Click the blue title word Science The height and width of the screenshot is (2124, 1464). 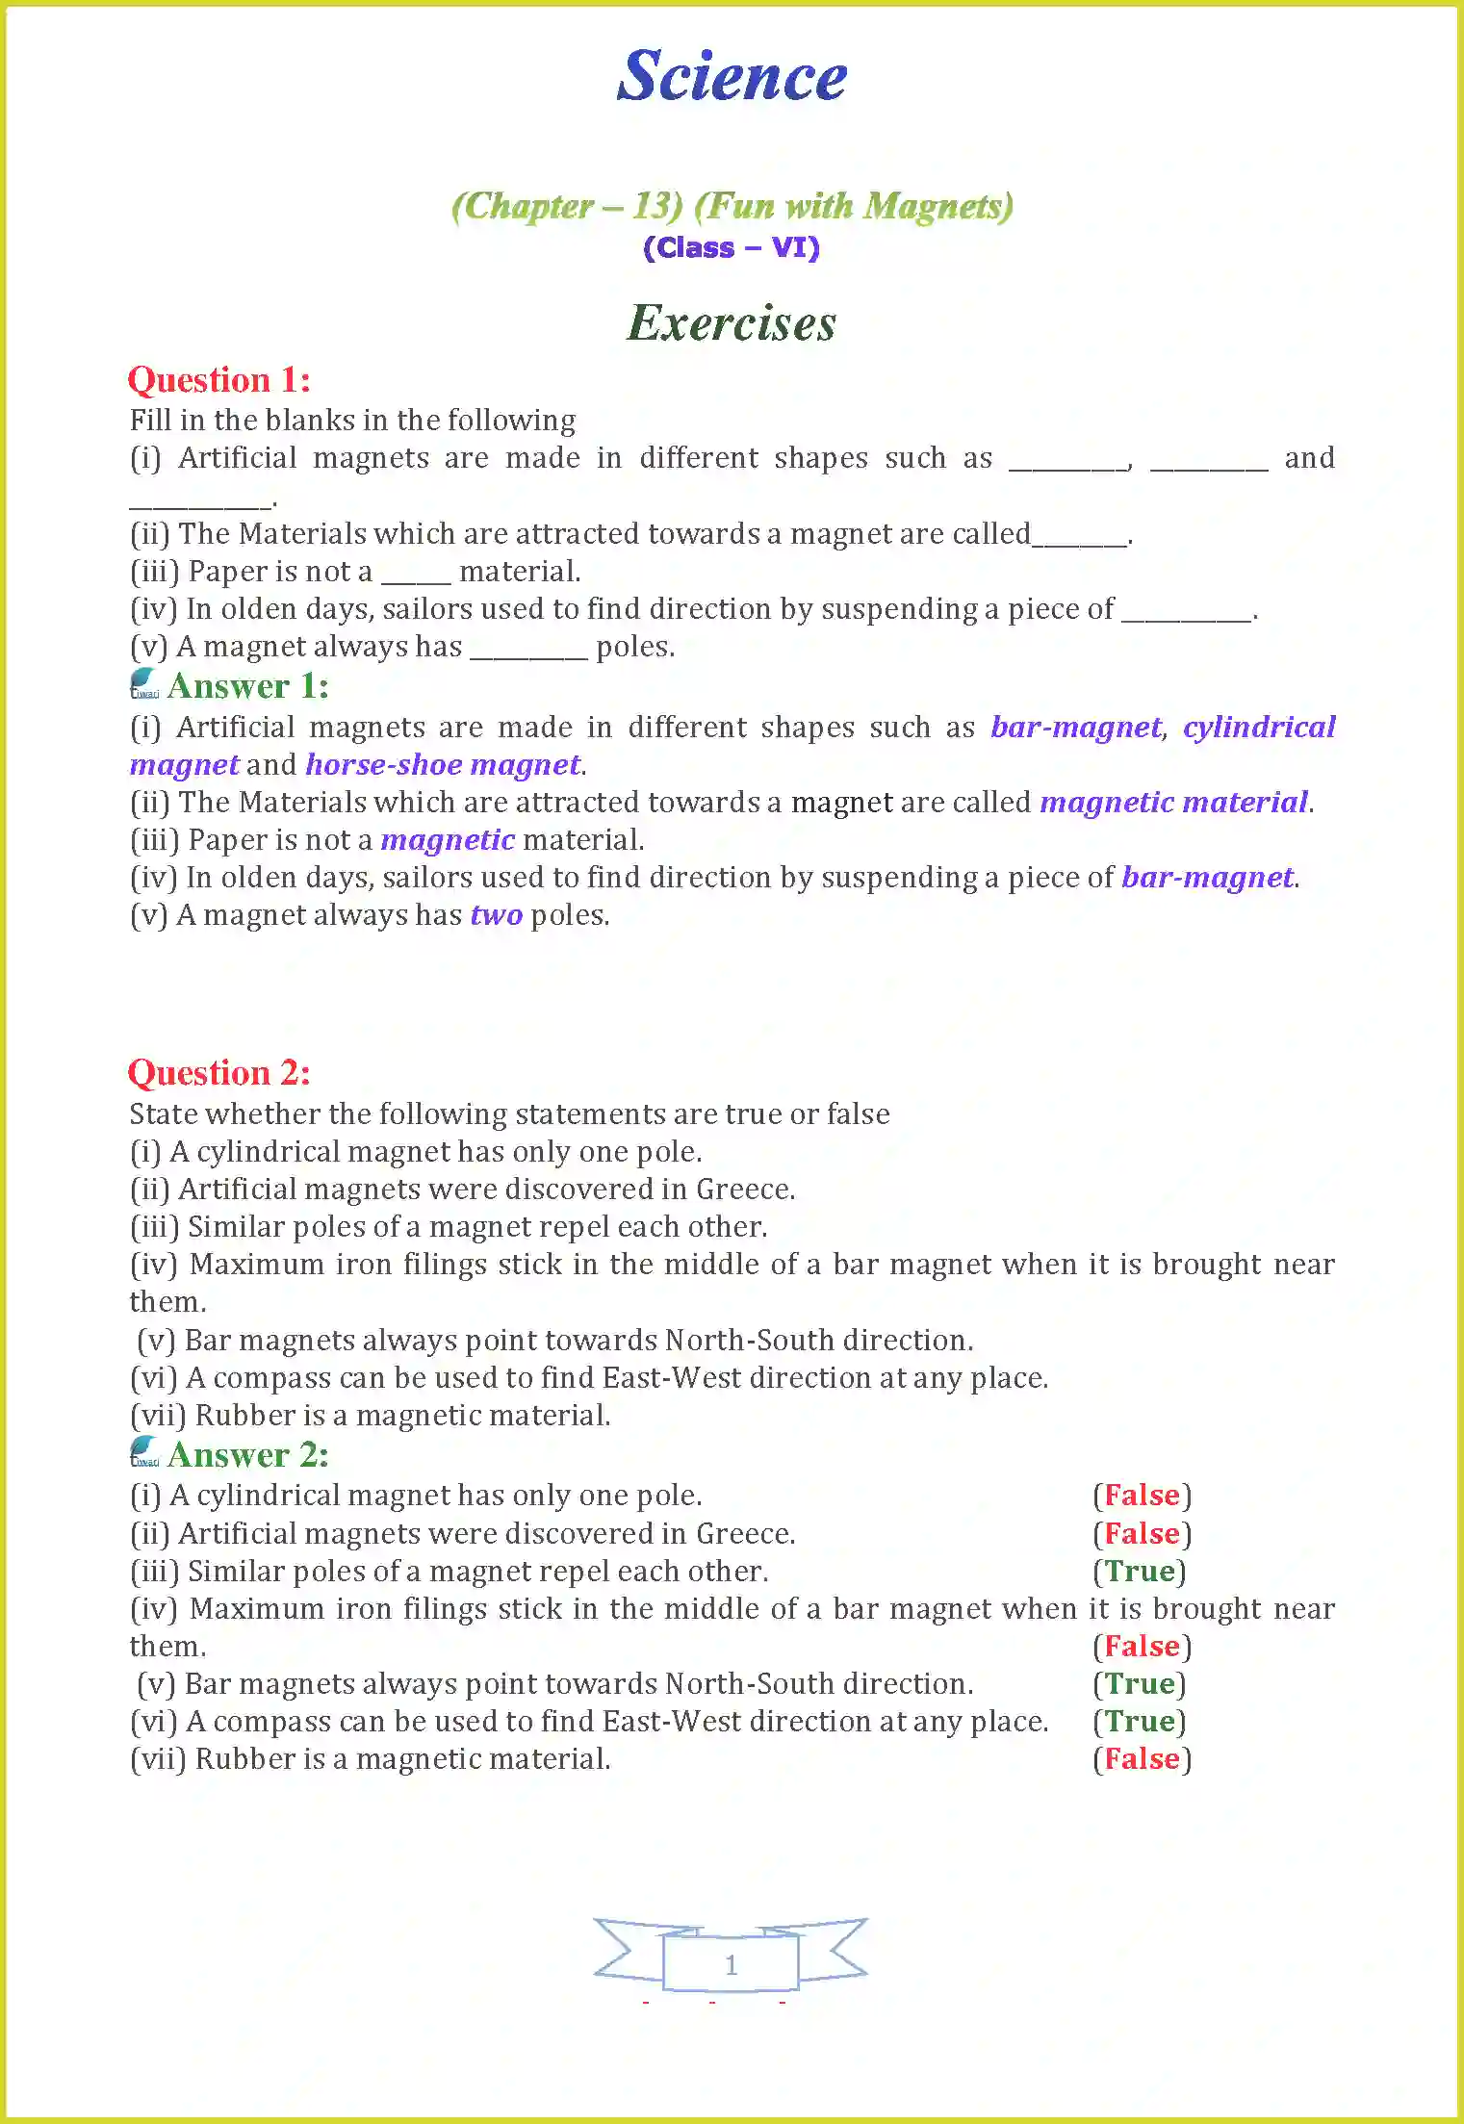pyautogui.click(x=732, y=76)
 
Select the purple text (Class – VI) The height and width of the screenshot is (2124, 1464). pyautogui.click(x=732, y=247)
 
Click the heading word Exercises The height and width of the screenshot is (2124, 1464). pyautogui.click(x=732, y=322)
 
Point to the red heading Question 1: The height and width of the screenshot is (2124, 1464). pyautogui.click(x=219, y=380)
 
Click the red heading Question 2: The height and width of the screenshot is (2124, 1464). pyautogui.click(x=219, y=1073)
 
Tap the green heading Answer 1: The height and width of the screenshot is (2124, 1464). pyautogui.click(x=247, y=686)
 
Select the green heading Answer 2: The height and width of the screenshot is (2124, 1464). pyautogui.click(x=247, y=1454)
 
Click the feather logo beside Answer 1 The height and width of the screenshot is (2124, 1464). pyautogui.click(x=144, y=683)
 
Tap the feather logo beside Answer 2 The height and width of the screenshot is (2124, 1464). pyautogui.click(x=144, y=1451)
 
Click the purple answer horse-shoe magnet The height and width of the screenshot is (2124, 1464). pyautogui.click(x=443, y=764)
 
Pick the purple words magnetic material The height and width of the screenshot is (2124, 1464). pyautogui.click(x=1174, y=802)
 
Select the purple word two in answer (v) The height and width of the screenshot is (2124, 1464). pyautogui.click(x=496, y=914)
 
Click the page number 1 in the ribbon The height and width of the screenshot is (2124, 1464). pyautogui.click(x=732, y=1964)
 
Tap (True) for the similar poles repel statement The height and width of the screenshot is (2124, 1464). pyautogui.click(x=1140, y=1571)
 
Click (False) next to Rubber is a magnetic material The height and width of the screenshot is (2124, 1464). pyautogui.click(x=1142, y=1758)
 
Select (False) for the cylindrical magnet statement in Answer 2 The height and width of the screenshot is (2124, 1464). pyautogui.click(x=1142, y=1495)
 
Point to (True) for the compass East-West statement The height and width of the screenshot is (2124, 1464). pyautogui.click(x=1140, y=1721)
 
